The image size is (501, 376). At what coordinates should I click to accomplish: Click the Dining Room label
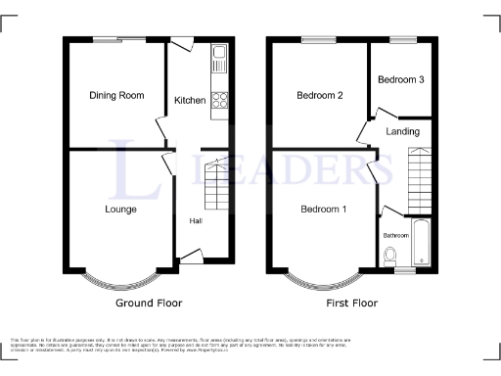pos(116,95)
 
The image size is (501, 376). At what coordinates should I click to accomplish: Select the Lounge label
pos(120,209)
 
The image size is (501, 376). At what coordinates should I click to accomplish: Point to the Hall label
pos(196,220)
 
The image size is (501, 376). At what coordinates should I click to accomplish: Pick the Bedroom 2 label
pos(320,95)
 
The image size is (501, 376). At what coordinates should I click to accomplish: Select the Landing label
pos(402,131)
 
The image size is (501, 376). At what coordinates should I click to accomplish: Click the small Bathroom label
pos(395,235)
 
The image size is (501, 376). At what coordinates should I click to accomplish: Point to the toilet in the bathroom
pos(391,256)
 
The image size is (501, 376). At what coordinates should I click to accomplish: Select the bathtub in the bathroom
pos(422,243)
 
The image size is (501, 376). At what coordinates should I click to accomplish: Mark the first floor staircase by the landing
pos(419,176)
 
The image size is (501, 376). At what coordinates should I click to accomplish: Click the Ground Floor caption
pos(149,304)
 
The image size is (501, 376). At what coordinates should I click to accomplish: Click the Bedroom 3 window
pos(402,39)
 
